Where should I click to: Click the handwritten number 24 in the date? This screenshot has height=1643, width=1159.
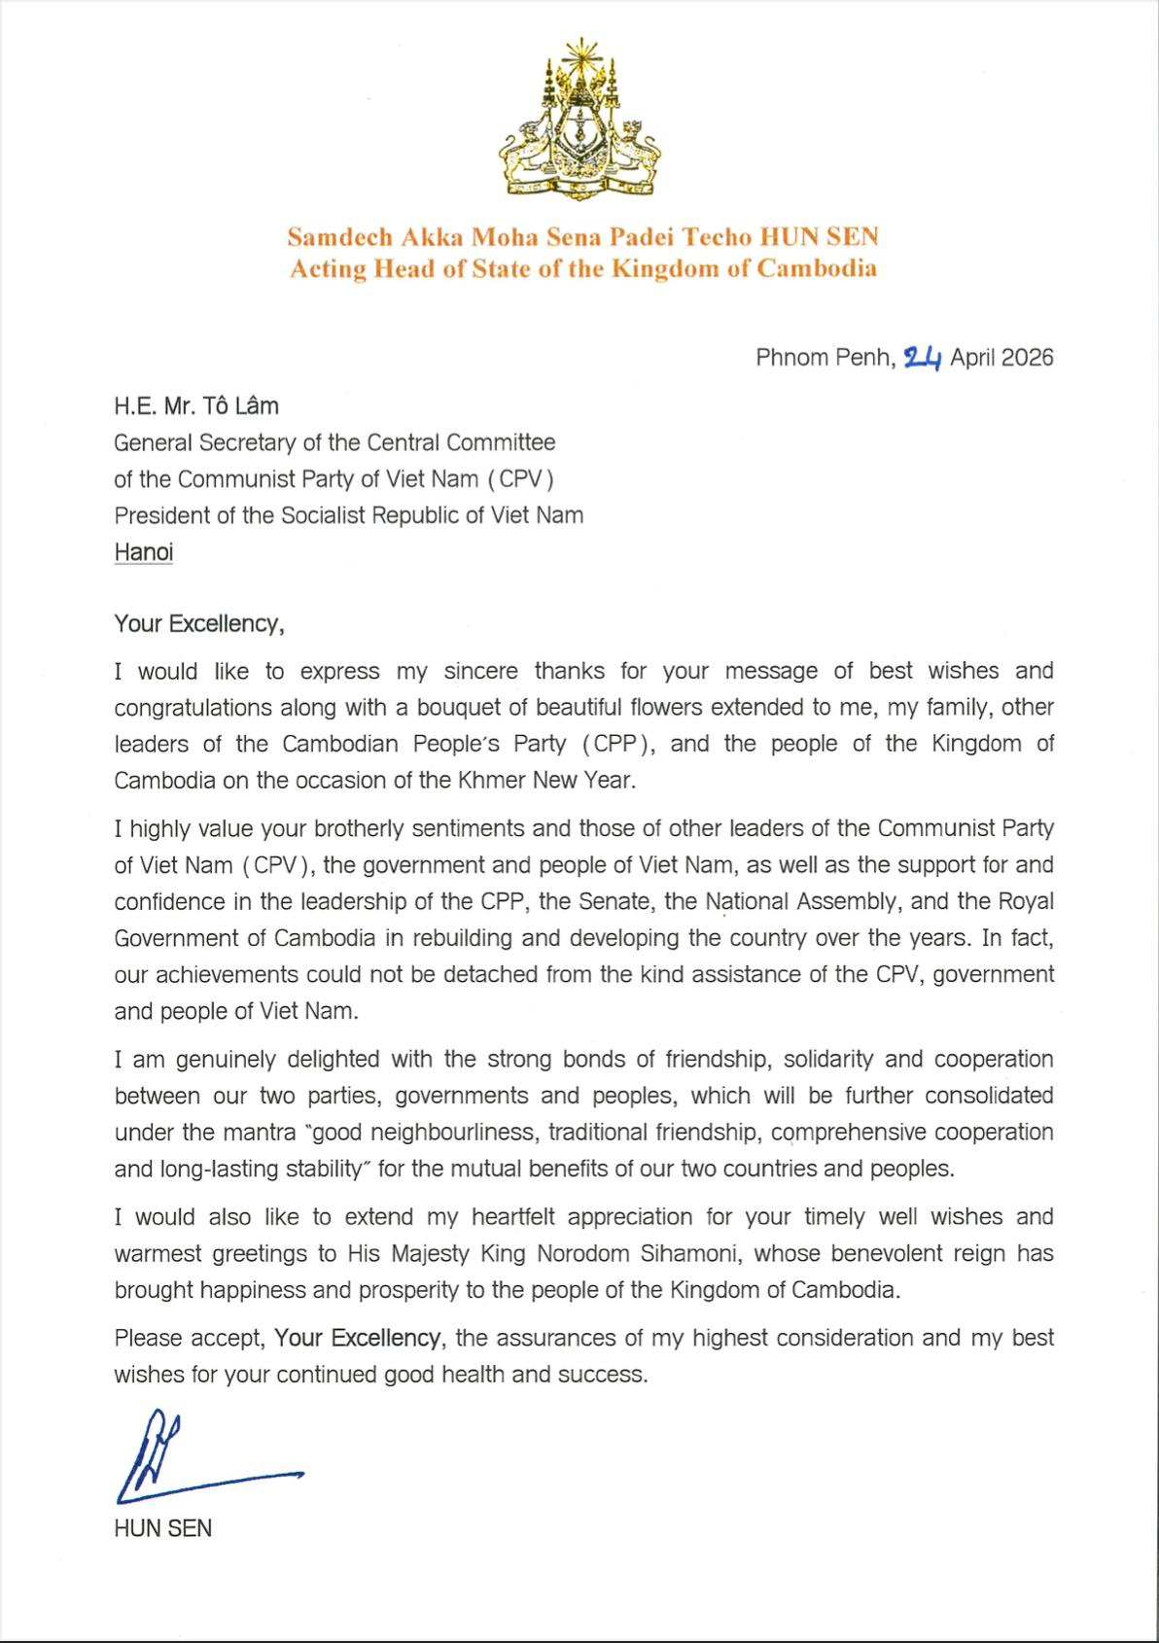click(923, 358)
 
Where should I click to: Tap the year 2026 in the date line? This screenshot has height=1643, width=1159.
click(1027, 358)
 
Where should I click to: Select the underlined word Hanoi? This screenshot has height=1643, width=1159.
click(144, 552)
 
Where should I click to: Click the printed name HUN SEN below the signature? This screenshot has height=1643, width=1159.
click(162, 1527)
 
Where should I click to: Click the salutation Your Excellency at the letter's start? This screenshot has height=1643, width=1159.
click(198, 623)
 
